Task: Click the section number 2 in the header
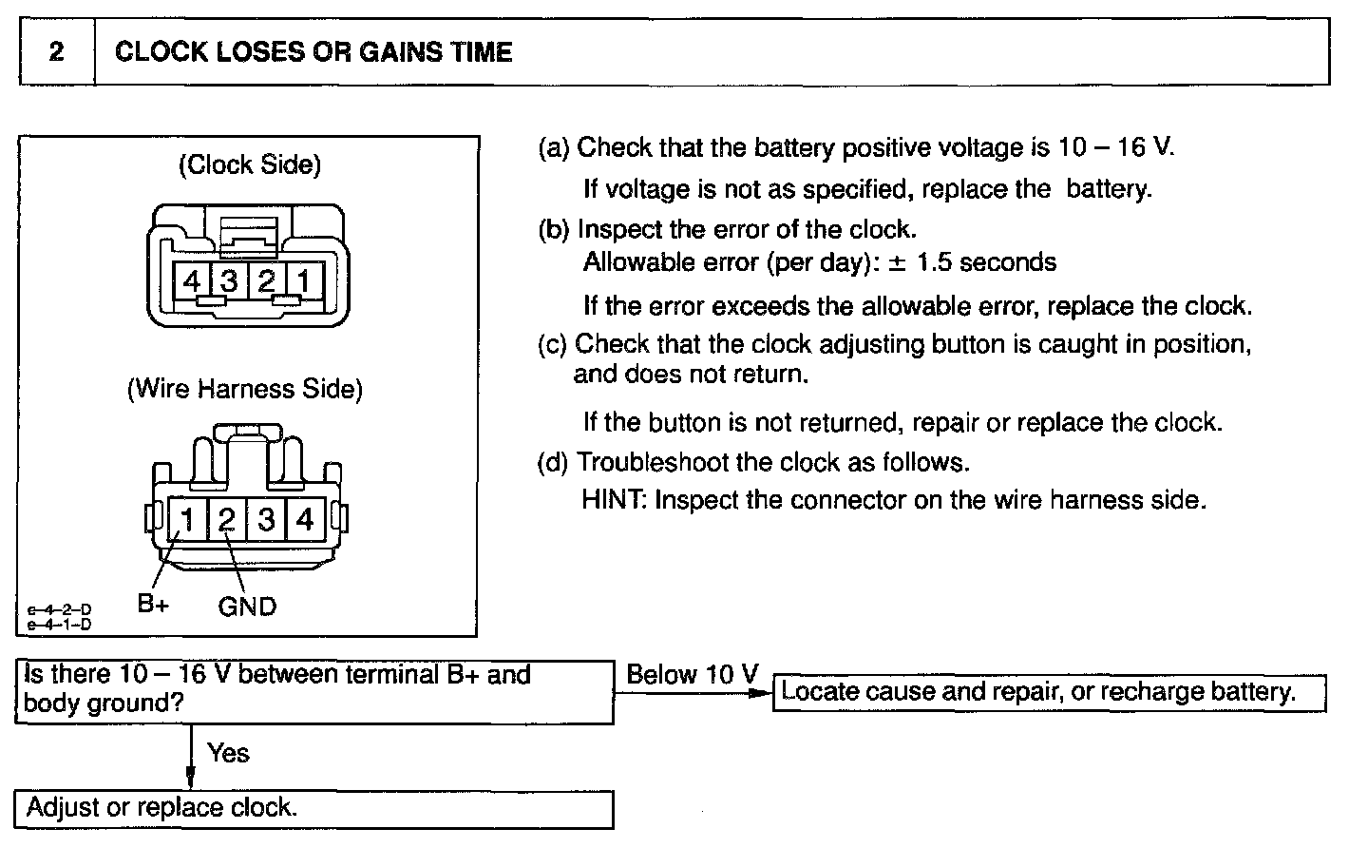[57, 51]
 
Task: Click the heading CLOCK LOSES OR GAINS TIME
[313, 51]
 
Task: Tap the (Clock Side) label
[250, 164]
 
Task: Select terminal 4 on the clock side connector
[193, 281]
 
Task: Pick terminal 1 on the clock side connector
[304, 281]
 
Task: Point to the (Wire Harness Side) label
[245, 389]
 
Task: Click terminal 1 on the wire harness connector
[188, 519]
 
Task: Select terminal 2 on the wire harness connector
[227, 519]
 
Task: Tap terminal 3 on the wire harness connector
[266, 519]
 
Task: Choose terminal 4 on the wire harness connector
[305, 519]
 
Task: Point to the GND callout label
[247, 606]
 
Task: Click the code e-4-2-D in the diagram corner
[59, 609]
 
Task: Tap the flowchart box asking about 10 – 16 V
[313, 690]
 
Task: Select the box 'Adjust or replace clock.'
[313, 808]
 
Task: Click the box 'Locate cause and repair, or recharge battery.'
[1048, 692]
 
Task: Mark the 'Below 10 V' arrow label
[693, 675]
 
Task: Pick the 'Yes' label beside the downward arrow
[228, 753]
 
